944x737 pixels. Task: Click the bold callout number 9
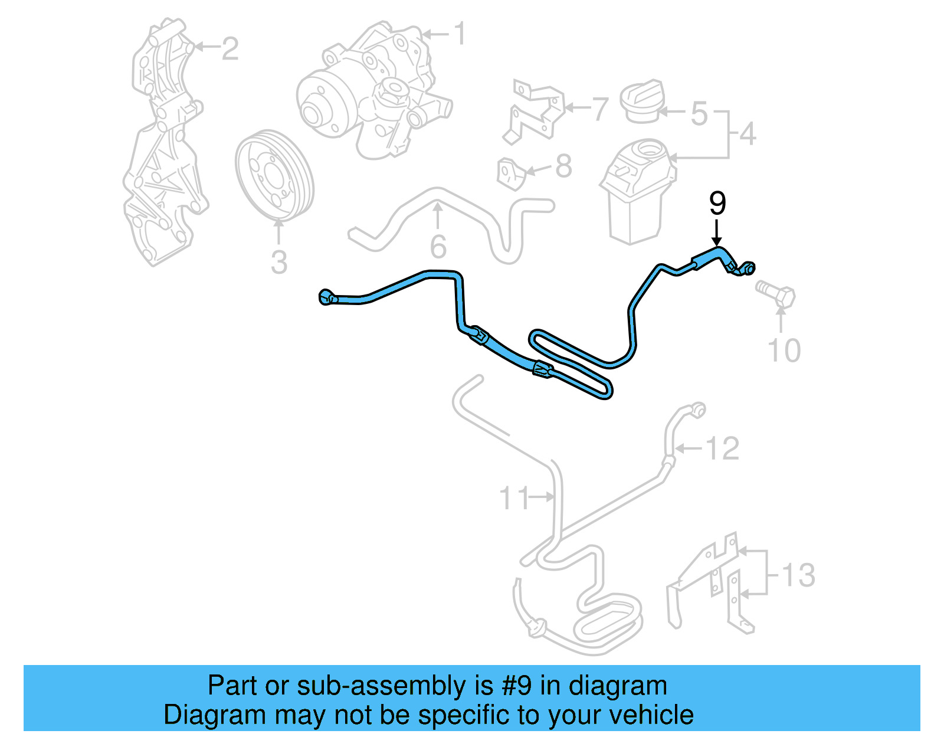[717, 203]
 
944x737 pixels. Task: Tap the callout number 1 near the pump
[460, 34]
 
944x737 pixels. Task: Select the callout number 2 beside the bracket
[230, 48]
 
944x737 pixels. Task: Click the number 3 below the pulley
[278, 263]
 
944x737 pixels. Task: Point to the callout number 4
[748, 134]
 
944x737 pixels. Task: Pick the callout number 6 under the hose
[438, 247]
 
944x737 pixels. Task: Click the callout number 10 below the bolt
[784, 351]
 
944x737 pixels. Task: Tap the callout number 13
[798, 575]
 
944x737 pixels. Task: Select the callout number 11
[514, 498]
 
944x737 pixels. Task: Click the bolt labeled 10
[776, 293]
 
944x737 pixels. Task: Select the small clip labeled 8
[510, 173]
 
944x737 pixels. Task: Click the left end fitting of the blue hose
[326, 297]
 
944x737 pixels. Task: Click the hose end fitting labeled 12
[697, 409]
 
